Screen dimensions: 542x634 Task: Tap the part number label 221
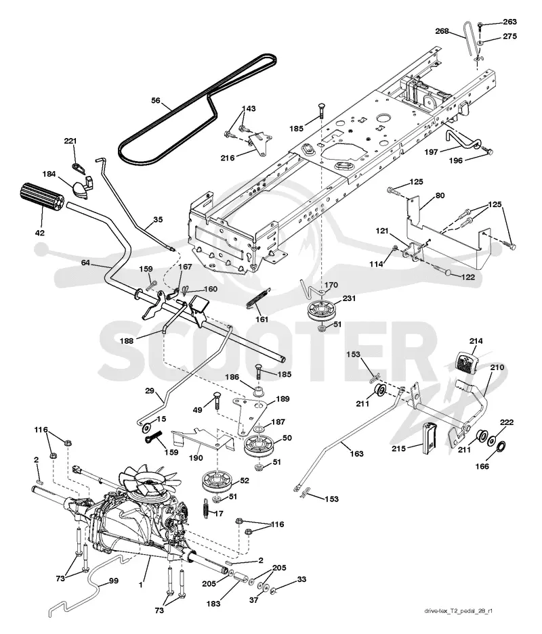pos(70,141)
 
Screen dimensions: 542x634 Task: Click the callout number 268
pos(442,30)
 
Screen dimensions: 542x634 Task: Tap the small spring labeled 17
pos(206,507)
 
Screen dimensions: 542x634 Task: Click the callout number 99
pos(114,581)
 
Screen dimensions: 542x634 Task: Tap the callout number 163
pos(356,453)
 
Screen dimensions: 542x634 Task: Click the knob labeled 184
pos(83,188)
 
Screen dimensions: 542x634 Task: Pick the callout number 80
pos(440,196)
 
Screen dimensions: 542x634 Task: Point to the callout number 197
pos(431,152)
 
